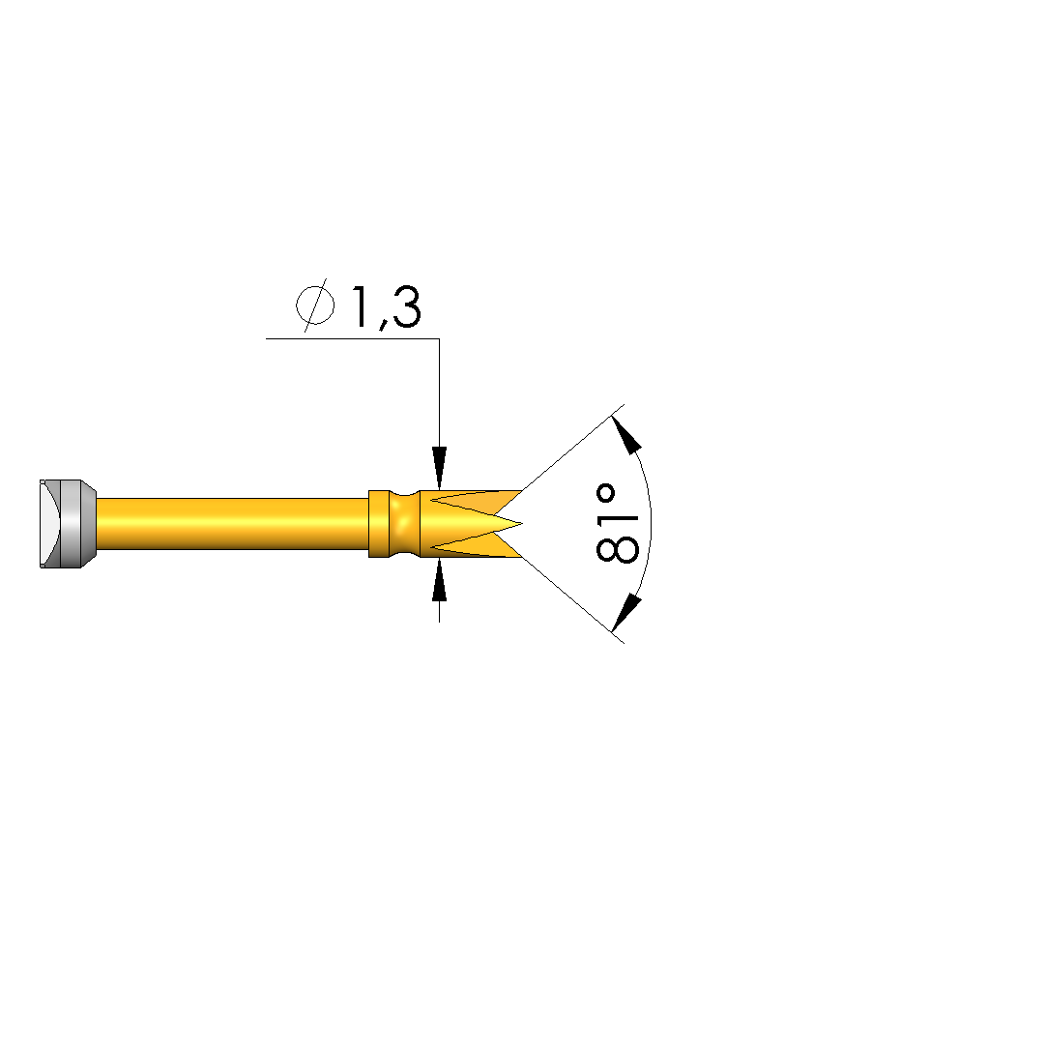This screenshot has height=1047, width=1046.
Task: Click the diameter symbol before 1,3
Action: coord(315,305)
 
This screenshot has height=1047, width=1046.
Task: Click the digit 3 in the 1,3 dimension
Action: coord(407,307)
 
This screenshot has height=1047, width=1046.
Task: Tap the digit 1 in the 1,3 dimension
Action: coord(360,307)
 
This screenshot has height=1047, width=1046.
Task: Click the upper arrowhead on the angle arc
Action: coord(626,434)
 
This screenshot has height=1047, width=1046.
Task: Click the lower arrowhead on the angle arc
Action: coord(626,613)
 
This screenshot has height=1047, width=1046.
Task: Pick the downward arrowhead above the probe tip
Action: coord(439,468)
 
